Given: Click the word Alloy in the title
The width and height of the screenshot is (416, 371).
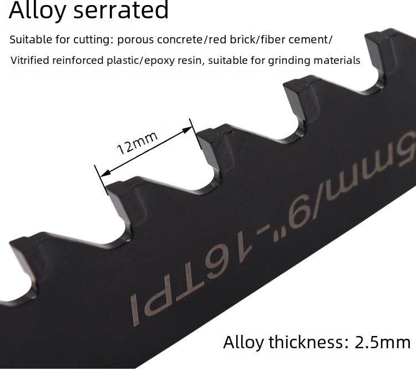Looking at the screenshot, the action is [x=37, y=10].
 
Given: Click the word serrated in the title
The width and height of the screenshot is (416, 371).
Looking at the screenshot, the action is [x=121, y=9].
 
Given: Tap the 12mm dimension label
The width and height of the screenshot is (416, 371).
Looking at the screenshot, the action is [x=137, y=143].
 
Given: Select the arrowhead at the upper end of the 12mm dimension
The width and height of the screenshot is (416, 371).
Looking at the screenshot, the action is [x=187, y=130].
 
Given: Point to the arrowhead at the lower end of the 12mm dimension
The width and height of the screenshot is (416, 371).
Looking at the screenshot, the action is [x=105, y=173].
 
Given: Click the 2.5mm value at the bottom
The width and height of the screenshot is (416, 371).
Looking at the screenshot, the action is [x=382, y=342].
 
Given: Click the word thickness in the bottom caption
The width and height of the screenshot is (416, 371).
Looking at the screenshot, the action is [x=306, y=342].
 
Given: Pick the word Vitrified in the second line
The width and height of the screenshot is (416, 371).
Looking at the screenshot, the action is [x=30, y=61].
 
